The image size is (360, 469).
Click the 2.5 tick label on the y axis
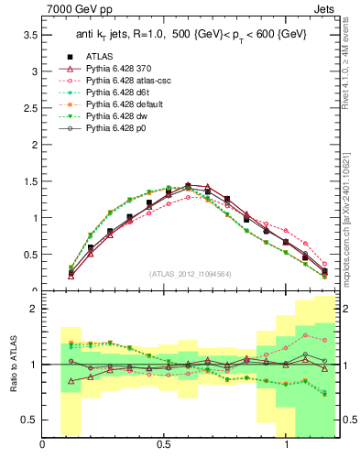[29, 108]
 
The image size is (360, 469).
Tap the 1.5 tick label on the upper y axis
[29, 181]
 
